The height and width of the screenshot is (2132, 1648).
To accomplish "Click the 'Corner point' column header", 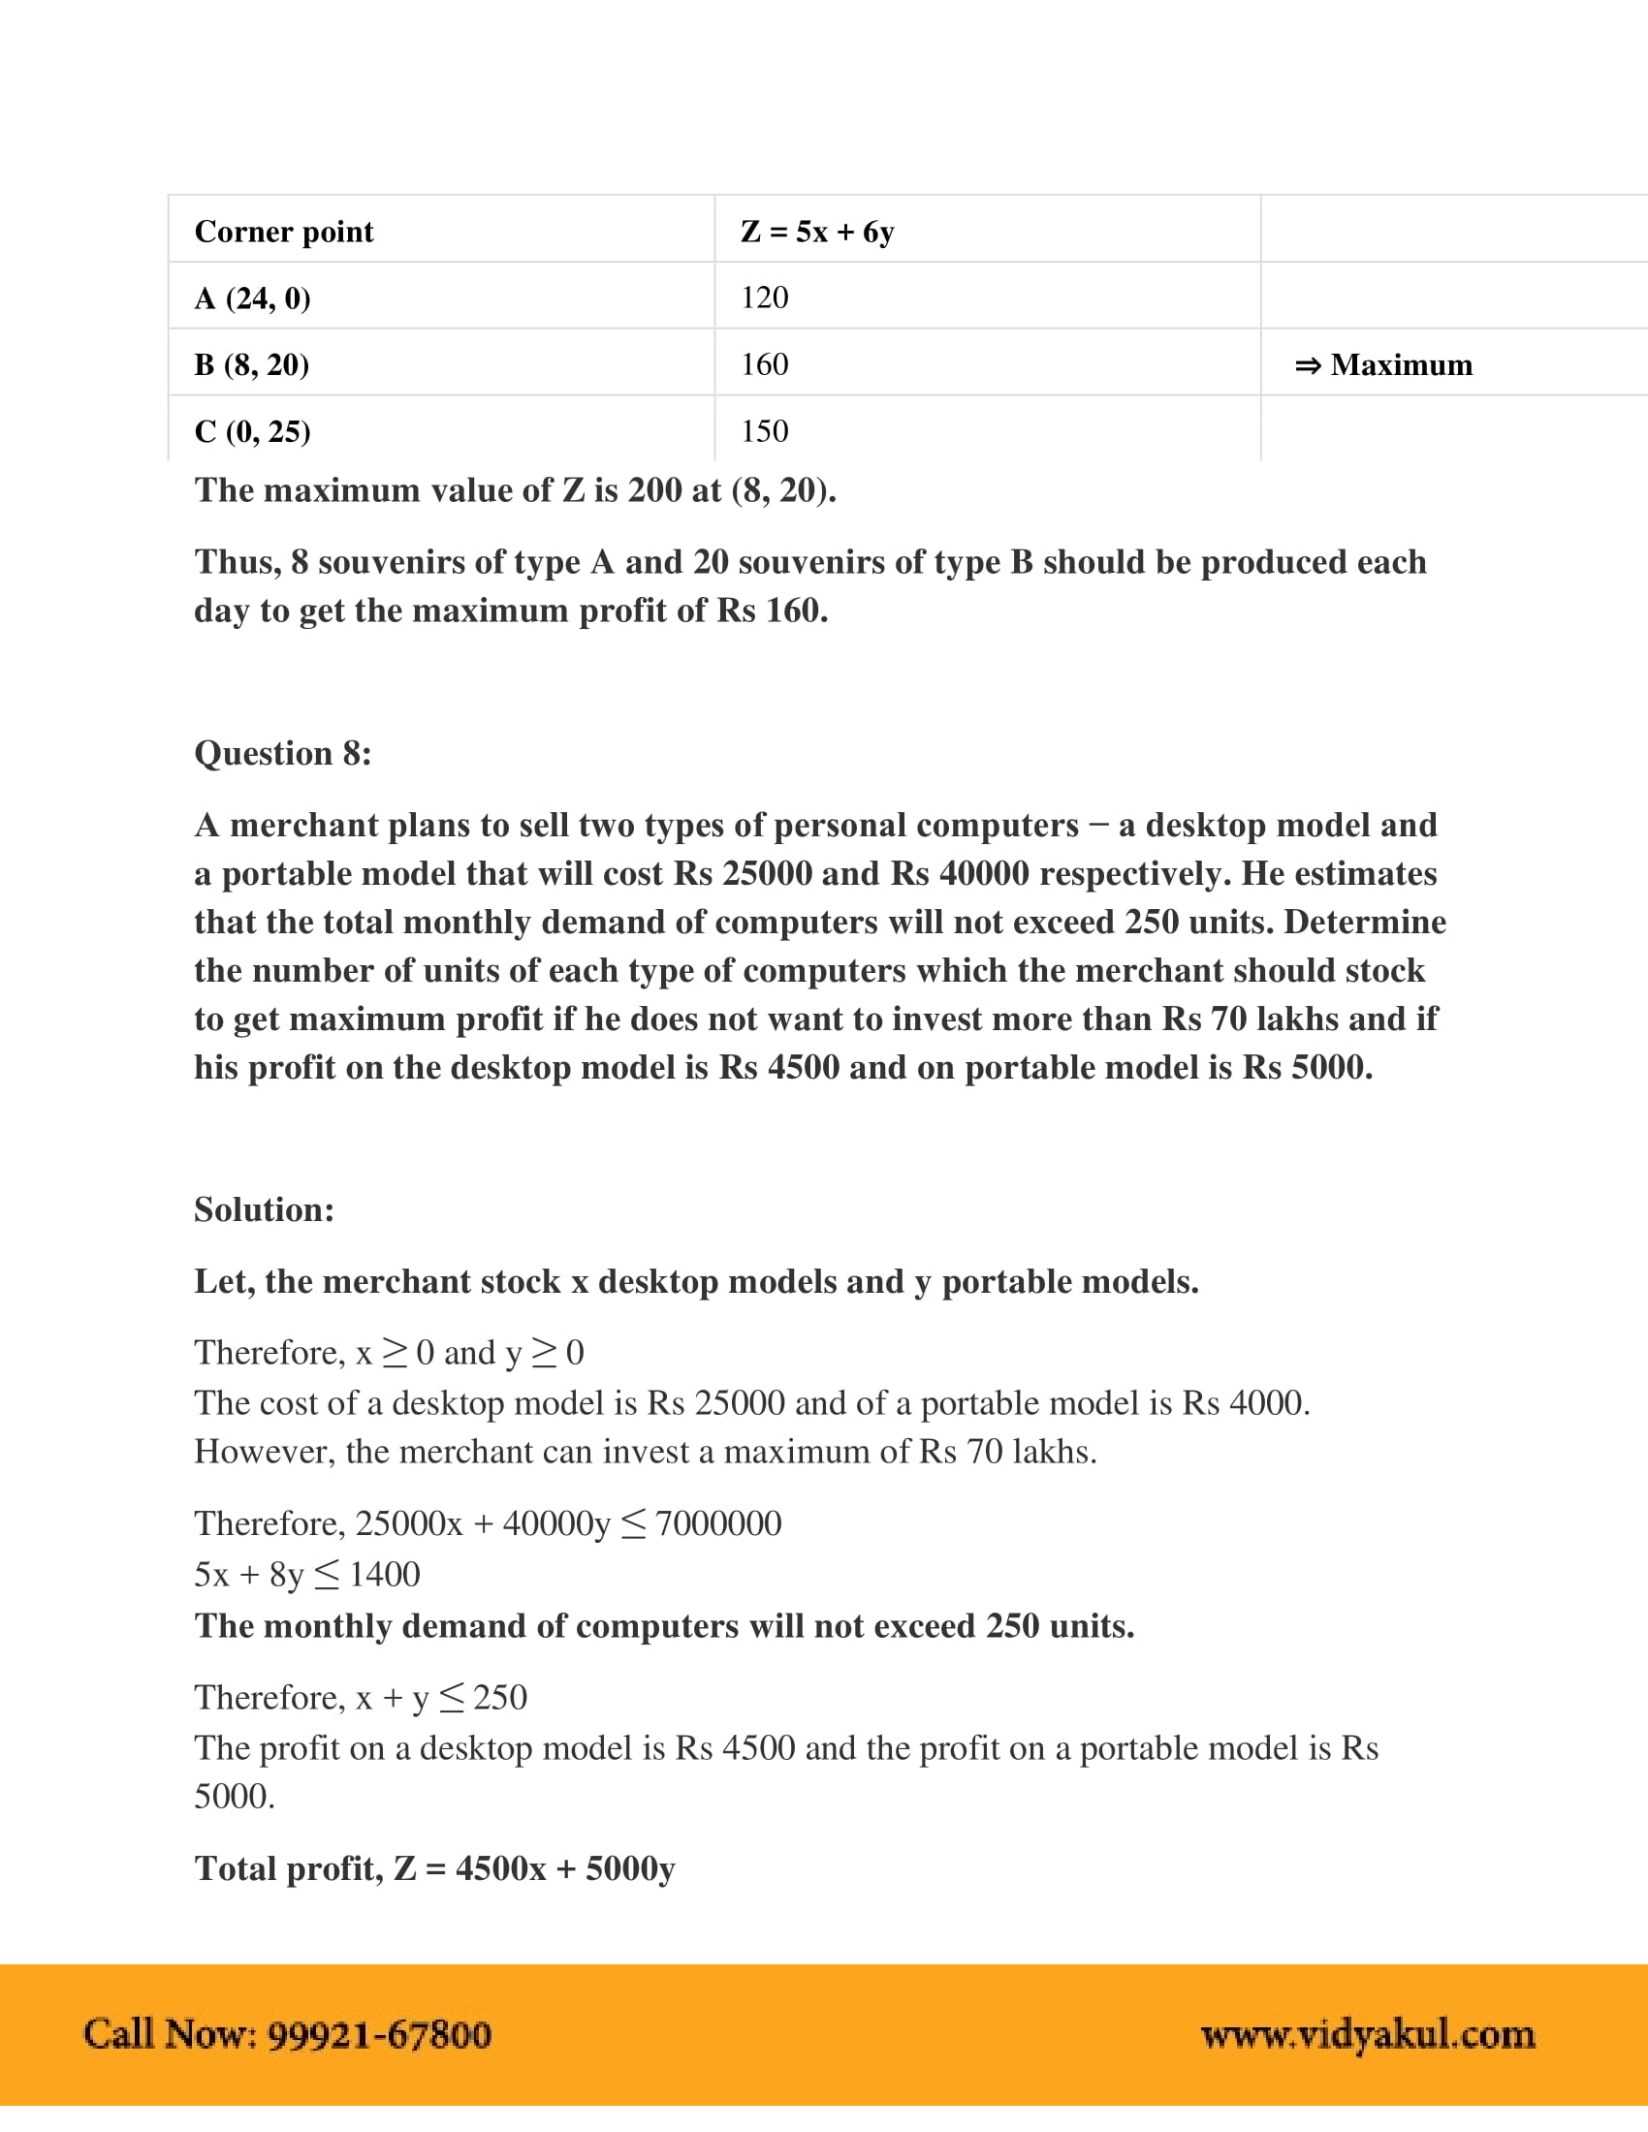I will point(283,232).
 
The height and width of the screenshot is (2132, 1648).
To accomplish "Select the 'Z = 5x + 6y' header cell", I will point(817,232).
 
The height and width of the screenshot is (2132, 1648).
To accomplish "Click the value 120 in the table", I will point(765,298).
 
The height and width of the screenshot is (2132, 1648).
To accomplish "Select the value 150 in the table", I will point(765,430).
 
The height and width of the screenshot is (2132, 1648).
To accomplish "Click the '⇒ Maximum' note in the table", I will point(1383,365).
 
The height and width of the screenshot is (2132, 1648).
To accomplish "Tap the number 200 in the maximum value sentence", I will point(655,490).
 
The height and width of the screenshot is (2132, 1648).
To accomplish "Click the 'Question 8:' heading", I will point(282,753).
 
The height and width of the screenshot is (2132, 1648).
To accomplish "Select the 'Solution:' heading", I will point(264,1209).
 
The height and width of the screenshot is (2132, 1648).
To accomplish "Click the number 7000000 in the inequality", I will point(718,1523).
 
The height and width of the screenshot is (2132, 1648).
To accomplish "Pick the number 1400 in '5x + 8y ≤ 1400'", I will point(385,1575).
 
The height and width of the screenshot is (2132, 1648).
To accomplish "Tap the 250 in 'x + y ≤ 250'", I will point(500,1698).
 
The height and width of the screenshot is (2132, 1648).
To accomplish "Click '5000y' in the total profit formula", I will point(630,1868).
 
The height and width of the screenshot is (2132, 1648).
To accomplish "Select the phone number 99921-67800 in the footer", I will point(379,2034).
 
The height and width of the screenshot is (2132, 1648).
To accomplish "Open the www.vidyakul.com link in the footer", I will point(1368,2034).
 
